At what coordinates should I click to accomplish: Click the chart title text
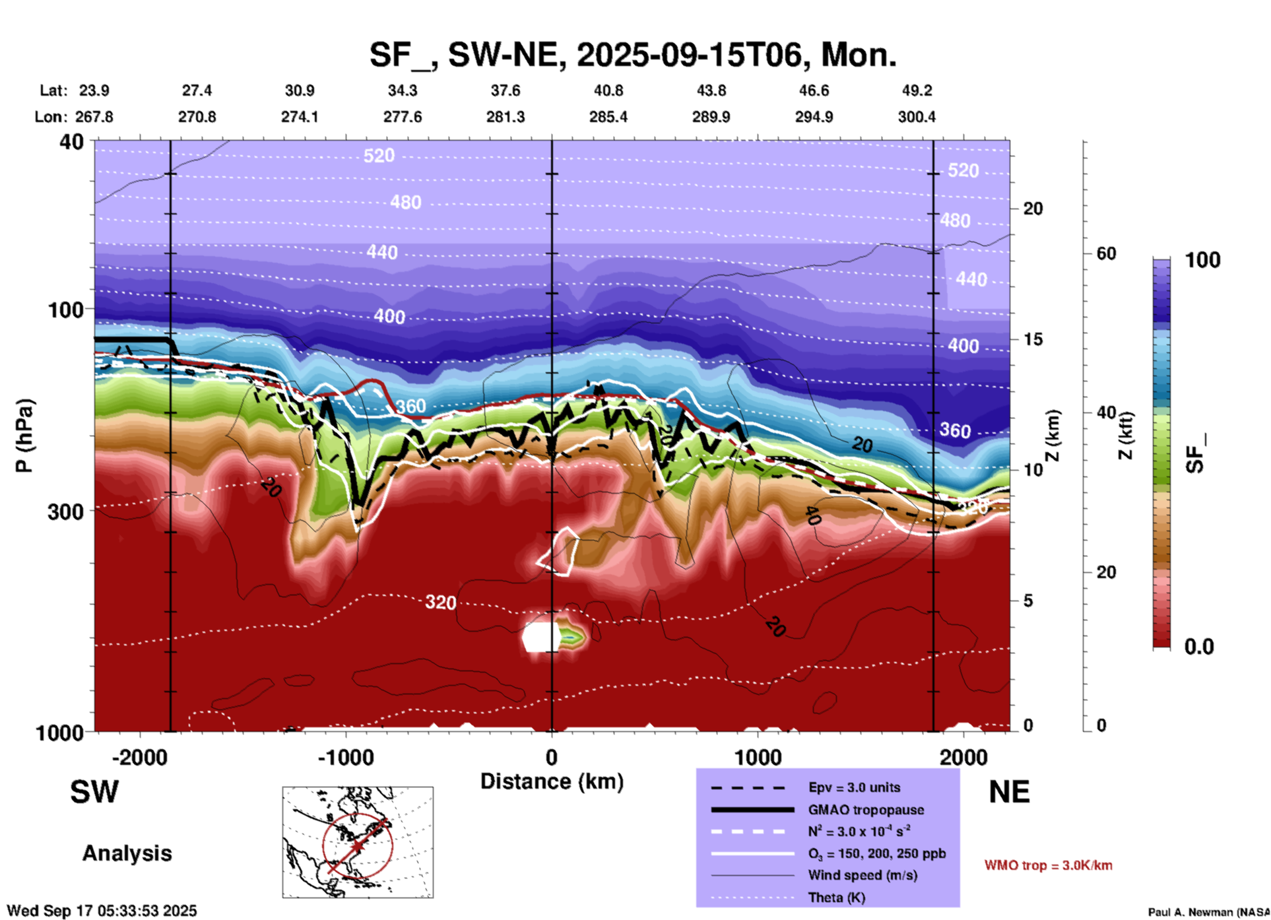point(632,55)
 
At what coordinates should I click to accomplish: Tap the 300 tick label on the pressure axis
point(66,511)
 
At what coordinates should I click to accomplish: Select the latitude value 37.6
point(505,90)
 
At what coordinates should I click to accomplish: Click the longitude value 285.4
point(608,117)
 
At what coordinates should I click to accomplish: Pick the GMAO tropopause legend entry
point(866,810)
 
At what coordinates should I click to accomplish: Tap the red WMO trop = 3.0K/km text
point(1048,865)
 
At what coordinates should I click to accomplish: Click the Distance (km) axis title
point(552,781)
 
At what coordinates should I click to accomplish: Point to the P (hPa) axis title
point(24,436)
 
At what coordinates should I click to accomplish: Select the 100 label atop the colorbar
point(1202,260)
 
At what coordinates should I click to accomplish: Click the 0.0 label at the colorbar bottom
point(1199,647)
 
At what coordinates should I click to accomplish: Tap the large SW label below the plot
point(94,792)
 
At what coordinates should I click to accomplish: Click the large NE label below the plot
point(1009,792)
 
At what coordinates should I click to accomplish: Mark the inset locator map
point(358,842)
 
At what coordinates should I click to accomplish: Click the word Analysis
point(127,853)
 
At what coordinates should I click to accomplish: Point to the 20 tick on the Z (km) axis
point(1033,209)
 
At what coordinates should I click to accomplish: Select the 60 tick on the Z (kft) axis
point(1106,253)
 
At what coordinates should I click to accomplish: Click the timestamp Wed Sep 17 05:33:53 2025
point(102,911)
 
